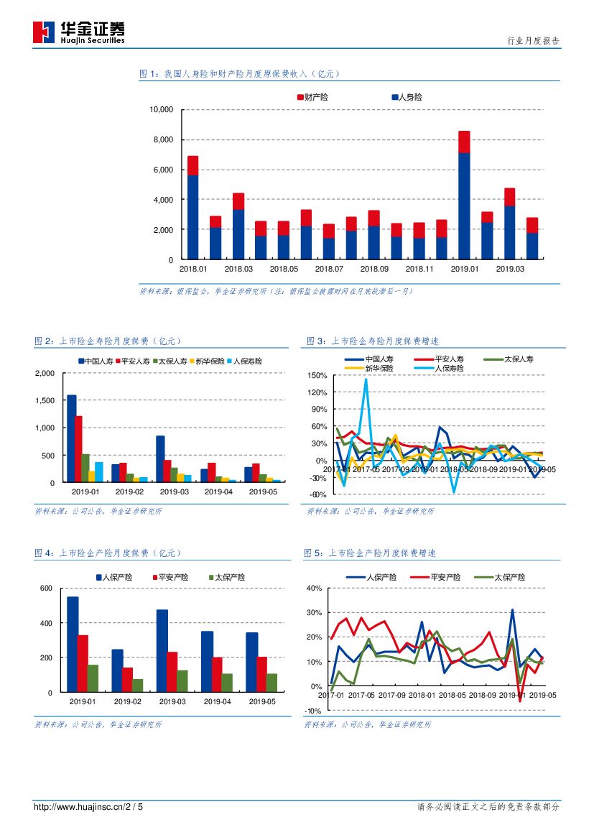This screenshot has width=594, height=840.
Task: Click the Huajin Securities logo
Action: pyautogui.click(x=78, y=32)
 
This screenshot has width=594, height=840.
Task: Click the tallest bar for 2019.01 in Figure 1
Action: pyautogui.click(x=464, y=194)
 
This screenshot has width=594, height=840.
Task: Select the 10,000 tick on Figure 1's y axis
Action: pyautogui.click(x=161, y=110)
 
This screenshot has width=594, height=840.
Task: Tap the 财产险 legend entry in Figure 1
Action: pyautogui.click(x=312, y=97)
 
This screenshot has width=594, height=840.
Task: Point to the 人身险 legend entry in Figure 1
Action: pyautogui.click(x=407, y=97)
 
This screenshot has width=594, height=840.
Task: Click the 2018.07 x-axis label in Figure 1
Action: pyautogui.click(x=329, y=269)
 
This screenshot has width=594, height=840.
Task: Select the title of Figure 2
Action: pyautogui.click(x=108, y=341)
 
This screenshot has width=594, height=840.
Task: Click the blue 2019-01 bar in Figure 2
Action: pyautogui.click(x=71, y=438)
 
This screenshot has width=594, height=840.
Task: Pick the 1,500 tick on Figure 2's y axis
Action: pyautogui.click(x=44, y=401)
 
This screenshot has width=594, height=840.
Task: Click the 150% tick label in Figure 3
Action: pyautogui.click(x=317, y=376)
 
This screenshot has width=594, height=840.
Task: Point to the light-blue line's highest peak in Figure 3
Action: pyautogui.click(x=366, y=379)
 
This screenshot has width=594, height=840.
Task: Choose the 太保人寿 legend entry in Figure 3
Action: pyautogui.click(x=514, y=359)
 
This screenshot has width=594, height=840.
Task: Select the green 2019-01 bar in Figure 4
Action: pyautogui.click(x=93, y=678)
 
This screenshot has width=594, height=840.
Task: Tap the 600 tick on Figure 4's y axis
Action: pyautogui.click(x=47, y=589)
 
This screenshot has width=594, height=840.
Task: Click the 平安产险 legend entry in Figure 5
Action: pyautogui.click(x=441, y=577)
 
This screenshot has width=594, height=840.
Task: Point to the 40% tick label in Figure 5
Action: pyautogui.click(x=314, y=588)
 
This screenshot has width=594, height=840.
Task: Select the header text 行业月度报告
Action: pyautogui.click(x=533, y=42)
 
